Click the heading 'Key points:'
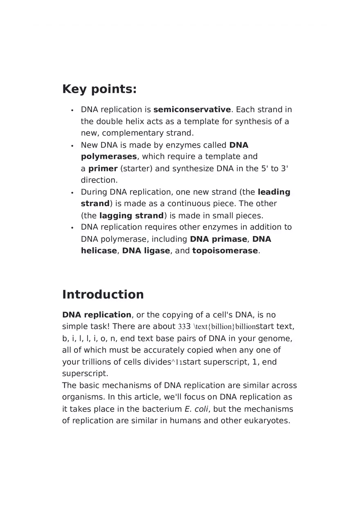[x=99, y=89]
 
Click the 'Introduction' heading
[x=103, y=294]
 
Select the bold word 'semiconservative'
[x=192, y=110]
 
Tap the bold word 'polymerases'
[x=109, y=157]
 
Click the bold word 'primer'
[x=103, y=169]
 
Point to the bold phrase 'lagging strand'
[x=131, y=216]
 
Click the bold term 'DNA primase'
[x=218, y=239]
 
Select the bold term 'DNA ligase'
[x=146, y=251]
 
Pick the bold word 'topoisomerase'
[x=225, y=251]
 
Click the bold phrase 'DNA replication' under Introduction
[x=97, y=315]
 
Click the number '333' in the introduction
[x=184, y=327]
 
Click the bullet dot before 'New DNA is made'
[x=72, y=146]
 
